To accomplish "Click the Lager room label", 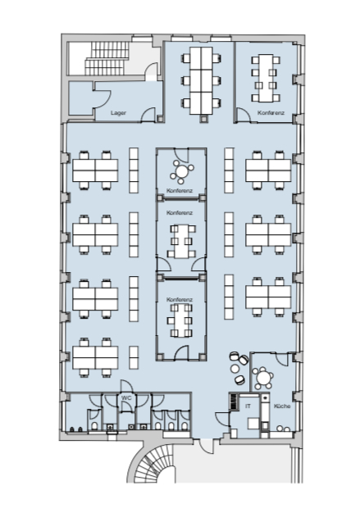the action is (118, 113).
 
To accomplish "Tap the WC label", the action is (126, 398).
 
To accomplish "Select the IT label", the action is (248, 406).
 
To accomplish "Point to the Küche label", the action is (282, 406).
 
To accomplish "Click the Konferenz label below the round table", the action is (180, 191).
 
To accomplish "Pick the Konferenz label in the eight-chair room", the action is (271, 113).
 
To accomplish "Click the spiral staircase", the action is (152, 463).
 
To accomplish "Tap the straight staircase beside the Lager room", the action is (107, 58).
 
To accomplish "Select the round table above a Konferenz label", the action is (181, 171).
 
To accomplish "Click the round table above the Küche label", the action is (263, 377).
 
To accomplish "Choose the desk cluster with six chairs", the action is (201, 81).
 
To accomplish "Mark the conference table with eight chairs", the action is (266, 78).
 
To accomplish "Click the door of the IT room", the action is (223, 419).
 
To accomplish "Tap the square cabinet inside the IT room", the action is (253, 424).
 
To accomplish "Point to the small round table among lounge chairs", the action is (235, 368).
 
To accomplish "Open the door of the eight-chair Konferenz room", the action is (244, 116).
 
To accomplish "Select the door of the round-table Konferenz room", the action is (181, 155).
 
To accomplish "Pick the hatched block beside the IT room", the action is (234, 401).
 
